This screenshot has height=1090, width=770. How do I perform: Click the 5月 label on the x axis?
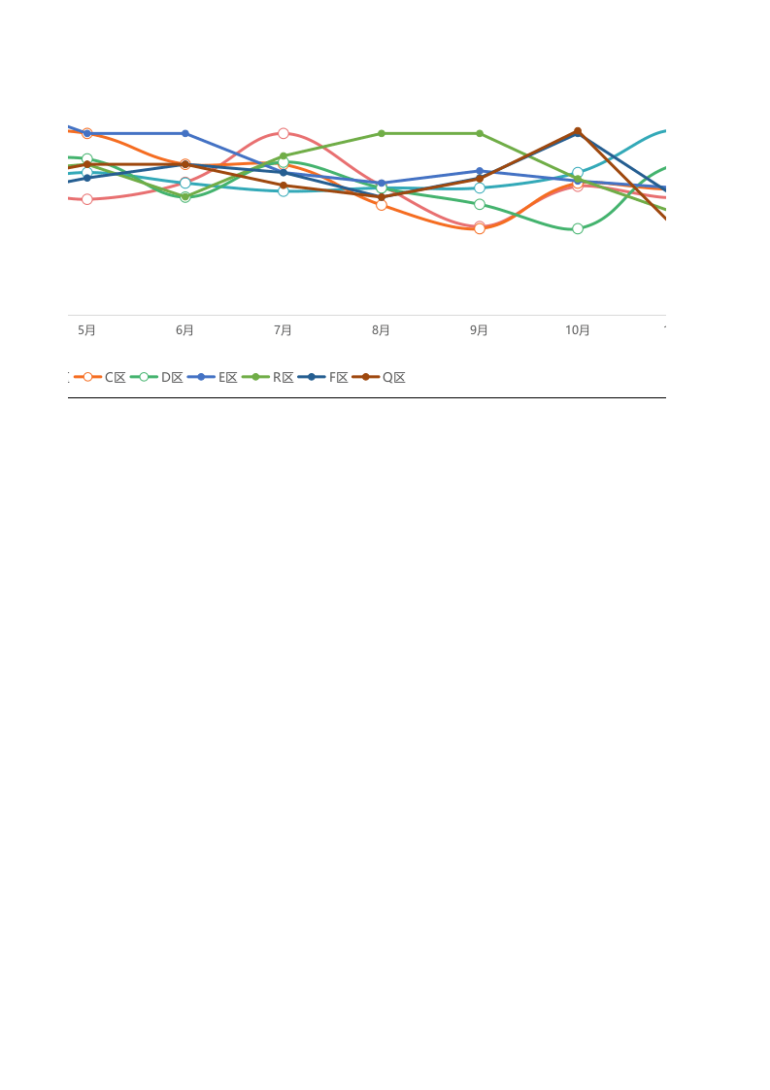pos(86,330)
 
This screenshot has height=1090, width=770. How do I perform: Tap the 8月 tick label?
pos(381,330)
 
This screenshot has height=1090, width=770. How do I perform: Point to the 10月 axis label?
pos(578,330)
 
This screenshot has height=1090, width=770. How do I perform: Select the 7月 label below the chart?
pos(283,330)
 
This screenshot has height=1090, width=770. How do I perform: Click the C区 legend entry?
pos(100,378)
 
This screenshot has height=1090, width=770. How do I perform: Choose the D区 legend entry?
pos(156,378)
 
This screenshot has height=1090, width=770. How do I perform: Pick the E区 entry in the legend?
pos(213,378)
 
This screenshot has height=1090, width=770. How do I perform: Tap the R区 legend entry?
pos(268,378)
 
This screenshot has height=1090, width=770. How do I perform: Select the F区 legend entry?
pos(323,378)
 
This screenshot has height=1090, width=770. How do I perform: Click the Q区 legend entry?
pos(379,378)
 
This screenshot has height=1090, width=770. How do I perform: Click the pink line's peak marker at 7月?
pos(283,133)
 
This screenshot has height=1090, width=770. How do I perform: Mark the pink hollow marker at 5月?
pos(86,199)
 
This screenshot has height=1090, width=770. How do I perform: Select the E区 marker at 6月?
pos(184,133)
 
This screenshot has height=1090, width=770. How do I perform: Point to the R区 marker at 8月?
pos(381,133)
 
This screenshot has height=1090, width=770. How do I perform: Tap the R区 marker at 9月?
pos(480,133)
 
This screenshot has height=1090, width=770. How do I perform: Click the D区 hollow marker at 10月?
pos(578,228)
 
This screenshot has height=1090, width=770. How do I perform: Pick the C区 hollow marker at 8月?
pos(381,205)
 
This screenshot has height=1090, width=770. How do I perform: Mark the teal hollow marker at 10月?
pos(578,172)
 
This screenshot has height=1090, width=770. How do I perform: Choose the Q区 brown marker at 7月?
pos(283,186)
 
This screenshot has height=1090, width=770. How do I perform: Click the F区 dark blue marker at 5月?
pos(86,178)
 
